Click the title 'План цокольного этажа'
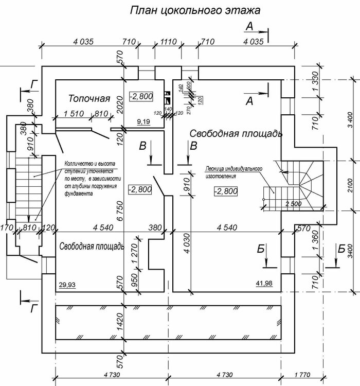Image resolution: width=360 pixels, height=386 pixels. coord(195,10)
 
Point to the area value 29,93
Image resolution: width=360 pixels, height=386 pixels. coord(67,285)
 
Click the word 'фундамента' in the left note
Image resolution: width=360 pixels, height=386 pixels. coord(79,195)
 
